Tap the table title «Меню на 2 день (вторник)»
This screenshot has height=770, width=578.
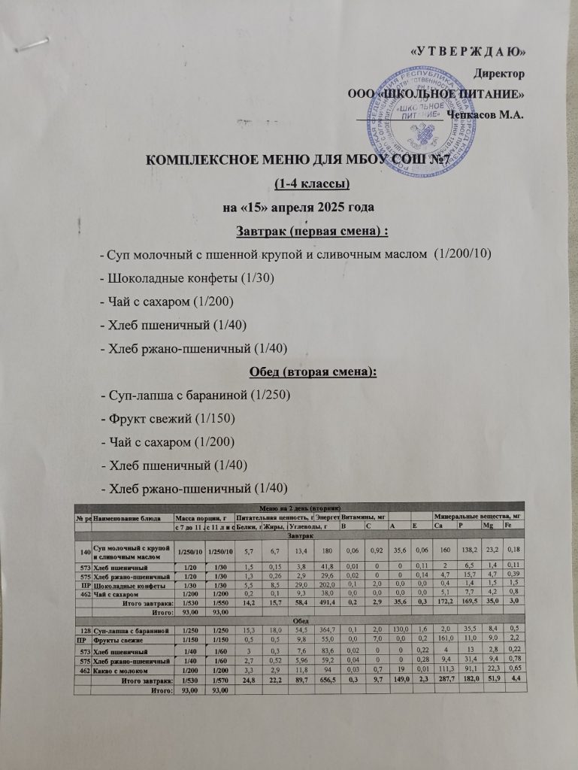(301, 508)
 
